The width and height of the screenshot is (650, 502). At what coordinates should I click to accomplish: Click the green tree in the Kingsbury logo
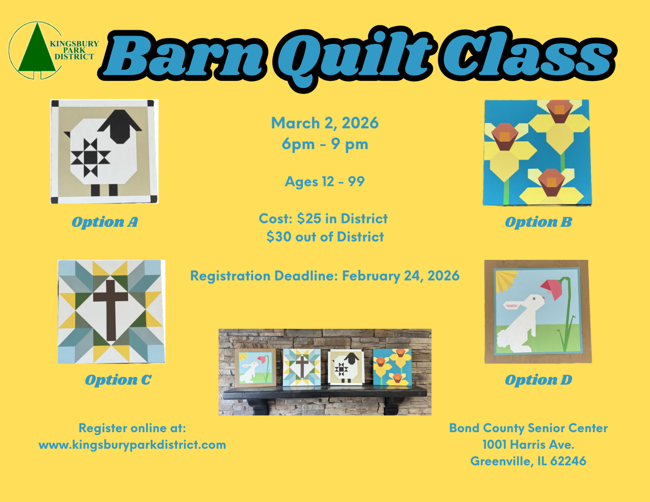point(37,50)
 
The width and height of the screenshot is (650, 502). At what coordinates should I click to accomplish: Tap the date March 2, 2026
point(325,123)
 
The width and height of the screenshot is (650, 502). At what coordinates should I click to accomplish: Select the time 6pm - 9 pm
point(325,144)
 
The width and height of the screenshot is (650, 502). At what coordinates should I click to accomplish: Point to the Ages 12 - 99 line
point(325,182)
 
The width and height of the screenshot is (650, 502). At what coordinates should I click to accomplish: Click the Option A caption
point(105,222)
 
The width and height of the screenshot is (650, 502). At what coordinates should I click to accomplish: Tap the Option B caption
point(538,222)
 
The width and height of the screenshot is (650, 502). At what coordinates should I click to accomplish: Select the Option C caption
point(118,380)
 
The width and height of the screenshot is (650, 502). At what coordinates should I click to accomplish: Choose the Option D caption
point(538,380)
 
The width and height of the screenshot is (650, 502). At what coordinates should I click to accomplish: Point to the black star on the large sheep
point(90,158)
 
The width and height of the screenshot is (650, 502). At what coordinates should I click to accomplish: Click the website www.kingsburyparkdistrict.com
point(132,445)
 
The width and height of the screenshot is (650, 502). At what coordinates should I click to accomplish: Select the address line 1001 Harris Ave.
point(528,444)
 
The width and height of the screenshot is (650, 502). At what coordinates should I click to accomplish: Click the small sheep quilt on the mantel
point(346,368)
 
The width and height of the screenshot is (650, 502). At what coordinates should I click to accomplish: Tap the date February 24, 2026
point(401,276)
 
